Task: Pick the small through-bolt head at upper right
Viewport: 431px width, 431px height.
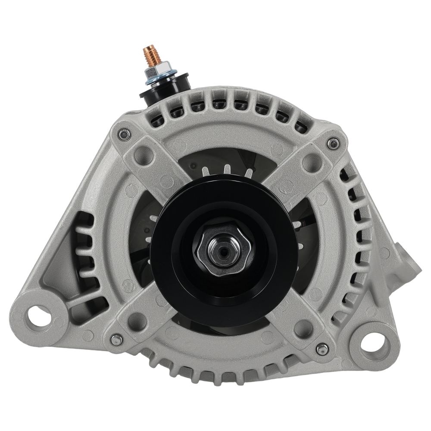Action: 332,144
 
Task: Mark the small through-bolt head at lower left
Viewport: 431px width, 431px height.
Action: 116,340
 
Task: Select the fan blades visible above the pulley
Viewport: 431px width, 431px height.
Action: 224,170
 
